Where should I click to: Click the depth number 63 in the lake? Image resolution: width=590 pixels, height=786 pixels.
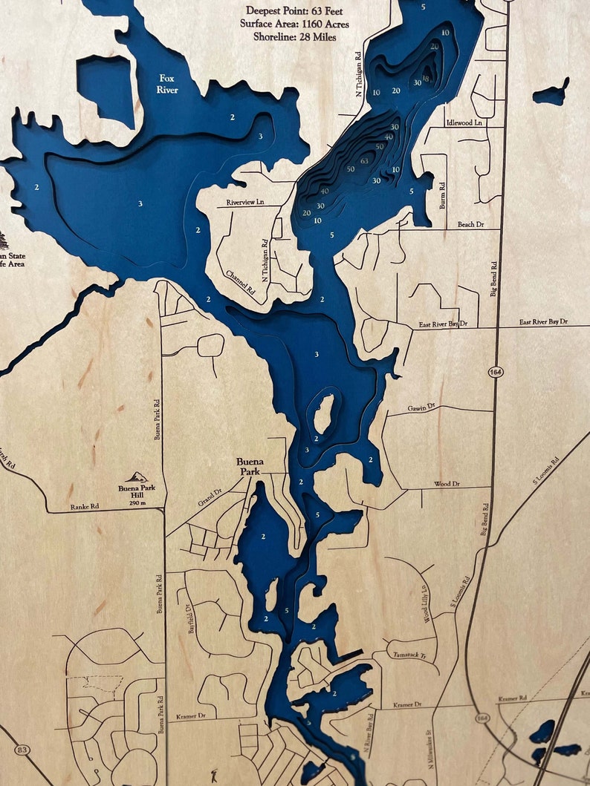pos(364,160)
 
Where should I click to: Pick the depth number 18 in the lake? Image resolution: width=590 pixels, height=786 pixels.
pos(426,79)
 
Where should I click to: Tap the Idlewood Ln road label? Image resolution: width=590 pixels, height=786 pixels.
pos(465,122)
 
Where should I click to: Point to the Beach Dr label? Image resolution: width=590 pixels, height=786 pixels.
pos(471,224)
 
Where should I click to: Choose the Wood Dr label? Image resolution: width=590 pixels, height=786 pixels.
pos(447,484)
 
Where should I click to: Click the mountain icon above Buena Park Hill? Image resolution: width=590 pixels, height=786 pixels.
pos(136,477)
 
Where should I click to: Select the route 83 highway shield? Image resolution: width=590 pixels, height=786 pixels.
pos(22,750)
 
